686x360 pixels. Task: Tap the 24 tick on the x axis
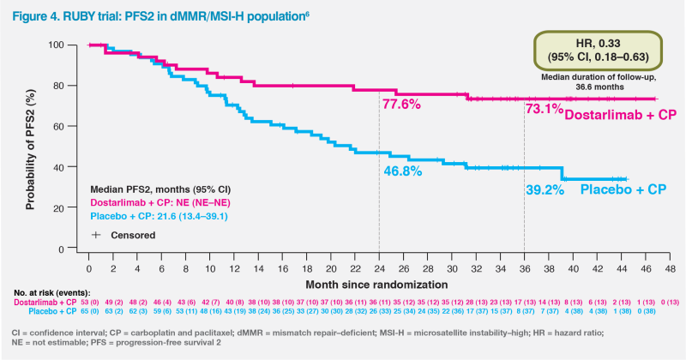tap(378, 266)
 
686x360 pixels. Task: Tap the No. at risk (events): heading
tap(51, 293)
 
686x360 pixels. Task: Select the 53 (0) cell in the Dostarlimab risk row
tap(89, 303)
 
